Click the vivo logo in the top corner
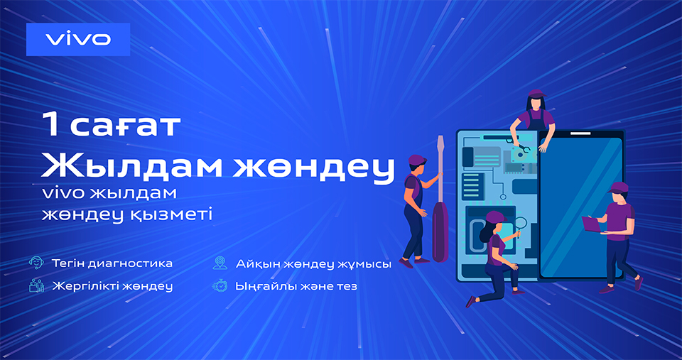78,39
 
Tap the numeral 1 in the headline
51,125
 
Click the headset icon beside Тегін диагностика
36,263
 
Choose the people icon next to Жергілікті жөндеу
36,285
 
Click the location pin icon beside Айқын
220,263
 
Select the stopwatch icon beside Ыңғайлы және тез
220,285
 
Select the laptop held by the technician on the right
592,224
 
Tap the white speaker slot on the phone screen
580,133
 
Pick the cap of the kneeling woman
496,217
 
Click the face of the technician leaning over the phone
536,104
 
